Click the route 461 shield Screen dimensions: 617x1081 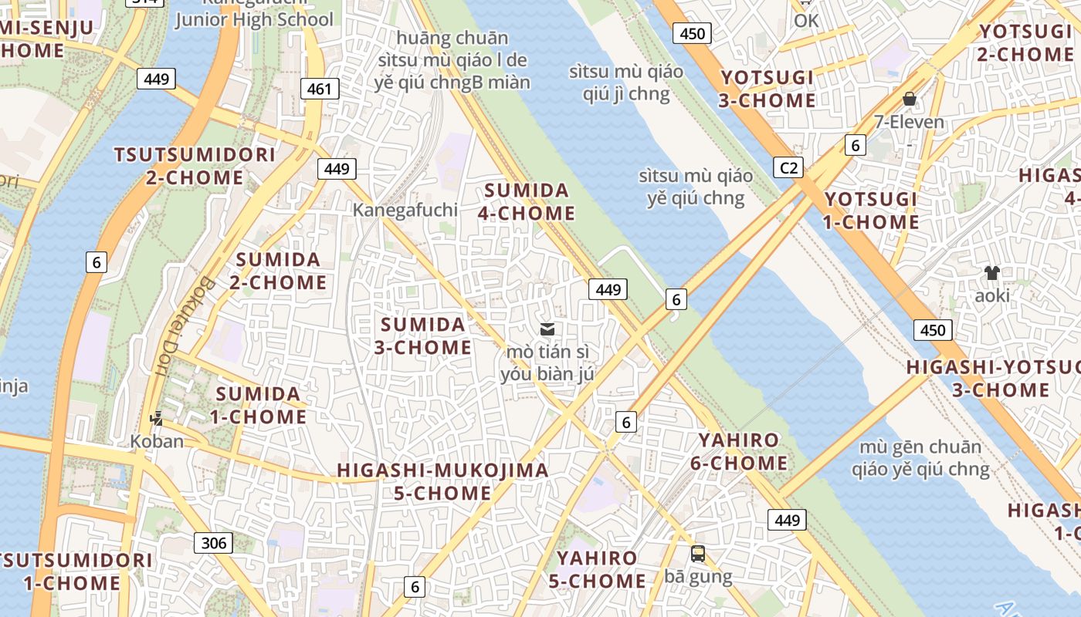[319, 89]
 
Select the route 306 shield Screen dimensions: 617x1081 [213, 543]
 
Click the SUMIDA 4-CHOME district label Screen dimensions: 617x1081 [527, 201]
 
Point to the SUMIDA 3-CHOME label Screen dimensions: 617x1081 [423, 335]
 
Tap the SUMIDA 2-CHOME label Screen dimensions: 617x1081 [278, 271]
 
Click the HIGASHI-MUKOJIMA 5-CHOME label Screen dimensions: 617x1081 [443, 481]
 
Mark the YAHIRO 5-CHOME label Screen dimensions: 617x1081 [597, 569]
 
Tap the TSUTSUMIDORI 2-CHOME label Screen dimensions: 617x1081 [195, 166]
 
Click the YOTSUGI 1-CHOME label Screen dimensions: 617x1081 [872, 211]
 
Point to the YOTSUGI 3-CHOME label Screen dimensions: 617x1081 [768, 89]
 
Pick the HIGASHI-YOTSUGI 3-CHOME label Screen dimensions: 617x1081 [989, 378]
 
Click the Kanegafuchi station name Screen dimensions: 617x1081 [405, 210]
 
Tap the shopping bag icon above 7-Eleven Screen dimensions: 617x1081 [910, 99]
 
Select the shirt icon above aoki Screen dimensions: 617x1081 [992, 272]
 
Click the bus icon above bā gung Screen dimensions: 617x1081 [698, 553]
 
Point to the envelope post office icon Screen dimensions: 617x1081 [547, 329]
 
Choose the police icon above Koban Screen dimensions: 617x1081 [157, 418]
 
